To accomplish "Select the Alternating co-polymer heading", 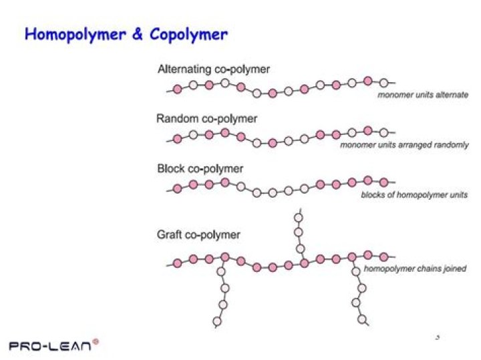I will pos(214,69).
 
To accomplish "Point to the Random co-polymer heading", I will pos(206,119).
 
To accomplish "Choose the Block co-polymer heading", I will pos(200,168).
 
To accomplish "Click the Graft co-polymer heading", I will pos(198,234).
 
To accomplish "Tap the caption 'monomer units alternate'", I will pos(423,95).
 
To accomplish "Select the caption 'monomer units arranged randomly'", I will pos(404,145).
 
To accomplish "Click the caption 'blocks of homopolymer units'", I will pos(414,195).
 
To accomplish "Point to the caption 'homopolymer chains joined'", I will pos(415,269).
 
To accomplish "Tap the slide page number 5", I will pos(437,337).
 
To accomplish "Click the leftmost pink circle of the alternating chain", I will pos(177,89).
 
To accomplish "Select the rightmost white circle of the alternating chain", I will pos(383,83).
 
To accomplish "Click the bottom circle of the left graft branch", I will pos(217,323).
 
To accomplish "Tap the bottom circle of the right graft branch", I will pos(362,320).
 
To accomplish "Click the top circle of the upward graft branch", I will pos(298,216).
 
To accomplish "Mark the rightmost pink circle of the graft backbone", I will pos(383,256).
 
